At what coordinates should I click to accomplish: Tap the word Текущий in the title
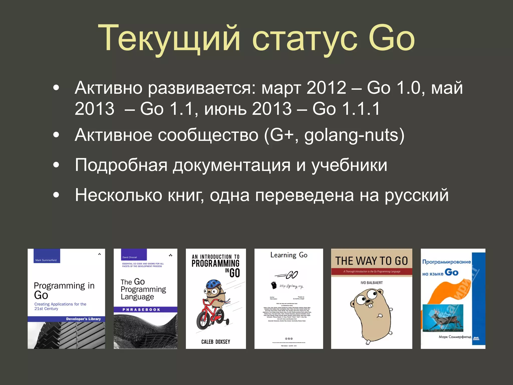point(169,39)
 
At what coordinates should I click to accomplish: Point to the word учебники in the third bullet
point(349,165)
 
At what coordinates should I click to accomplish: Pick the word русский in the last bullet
point(417,196)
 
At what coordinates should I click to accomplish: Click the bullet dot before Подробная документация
point(56,165)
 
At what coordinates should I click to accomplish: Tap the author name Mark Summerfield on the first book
point(46,260)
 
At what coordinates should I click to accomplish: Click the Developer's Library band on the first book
point(83,319)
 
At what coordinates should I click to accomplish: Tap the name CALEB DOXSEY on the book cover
point(216,342)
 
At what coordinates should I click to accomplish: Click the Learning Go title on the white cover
point(289,255)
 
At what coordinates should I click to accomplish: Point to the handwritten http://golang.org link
point(291,286)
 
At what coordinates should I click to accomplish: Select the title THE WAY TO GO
point(371,261)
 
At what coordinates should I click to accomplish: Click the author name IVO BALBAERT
point(371,283)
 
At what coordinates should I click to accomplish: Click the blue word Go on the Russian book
point(452,272)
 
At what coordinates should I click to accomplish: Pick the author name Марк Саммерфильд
point(455,337)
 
